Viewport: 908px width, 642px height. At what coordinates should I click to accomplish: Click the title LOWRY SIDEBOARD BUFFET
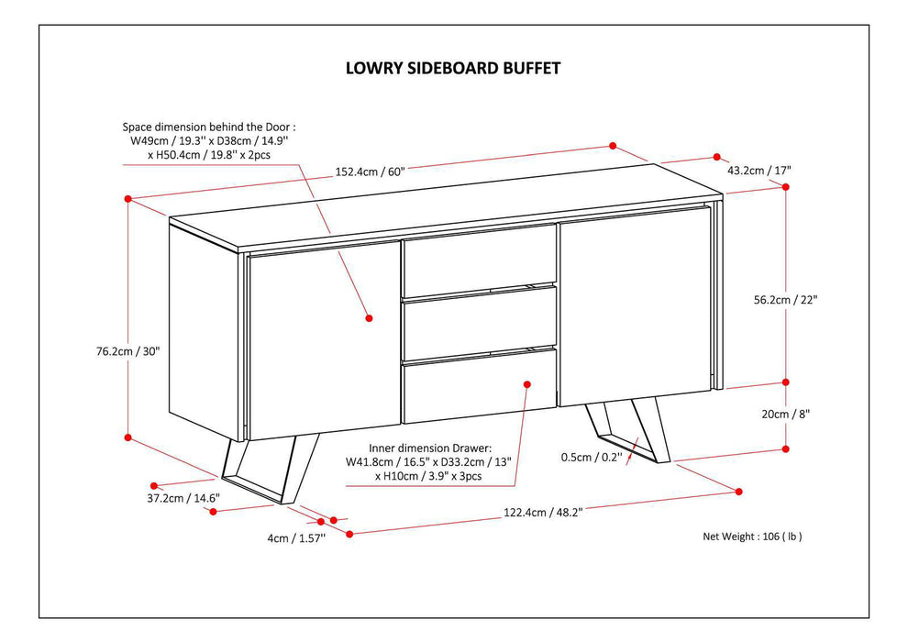[x=452, y=68]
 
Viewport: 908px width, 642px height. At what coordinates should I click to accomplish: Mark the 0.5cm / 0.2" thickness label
[x=592, y=456]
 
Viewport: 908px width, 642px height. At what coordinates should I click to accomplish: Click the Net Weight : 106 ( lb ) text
[x=759, y=537]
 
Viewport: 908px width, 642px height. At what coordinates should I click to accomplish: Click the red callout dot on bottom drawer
[x=526, y=385]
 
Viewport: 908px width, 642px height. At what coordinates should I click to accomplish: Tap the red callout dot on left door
[x=369, y=318]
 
